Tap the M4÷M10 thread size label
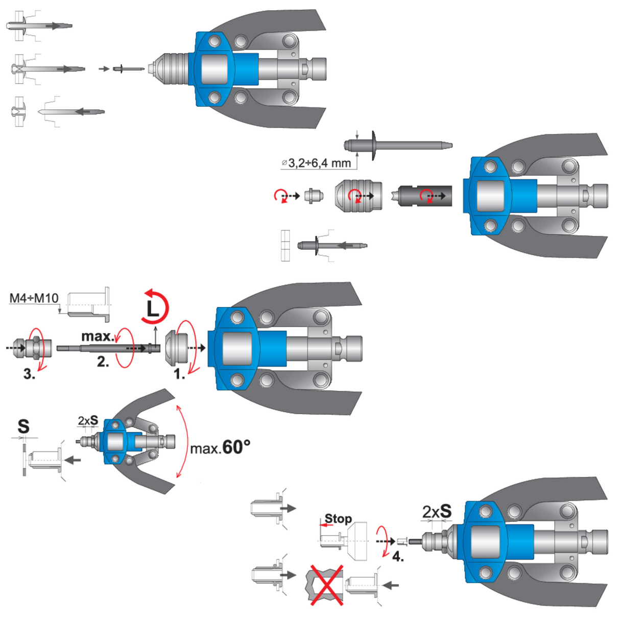pyautogui.click(x=34, y=298)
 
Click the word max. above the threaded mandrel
pyautogui.click(x=98, y=336)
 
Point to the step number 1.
pyautogui.click(x=179, y=374)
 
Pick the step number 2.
pyautogui.click(x=103, y=362)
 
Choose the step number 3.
pyautogui.click(x=30, y=374)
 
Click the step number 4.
pyautogui.click(x=398, y=556)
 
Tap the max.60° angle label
pyautogui.click(x=220, y=448)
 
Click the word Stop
pyautogui.click(x=338, y=519)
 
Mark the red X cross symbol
pyautogui.click(x=327, y=585)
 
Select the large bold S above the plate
pyautogui.click(x=23, y=426)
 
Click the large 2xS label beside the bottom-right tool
pyautogui.click(x=437, y=511)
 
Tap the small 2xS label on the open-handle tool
pyautogui.click(x=88, y=421)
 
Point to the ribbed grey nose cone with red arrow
pyautogui.click(x=359, y=195)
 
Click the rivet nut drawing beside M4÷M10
pyautogui.click(x=89, y=304)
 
